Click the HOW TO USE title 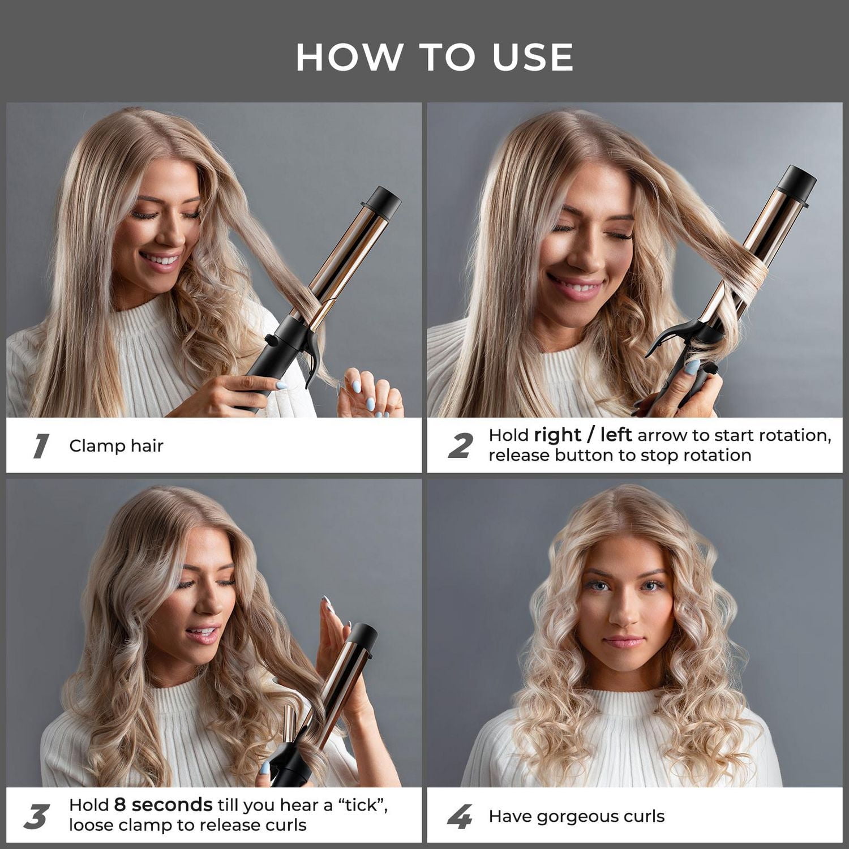434,57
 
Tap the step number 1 41,446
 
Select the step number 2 460,446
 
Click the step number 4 460,817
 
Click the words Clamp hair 116,446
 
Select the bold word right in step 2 557,435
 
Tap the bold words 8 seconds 163,805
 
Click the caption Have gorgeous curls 576,816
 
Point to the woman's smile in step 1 160,260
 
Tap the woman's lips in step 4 624,642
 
